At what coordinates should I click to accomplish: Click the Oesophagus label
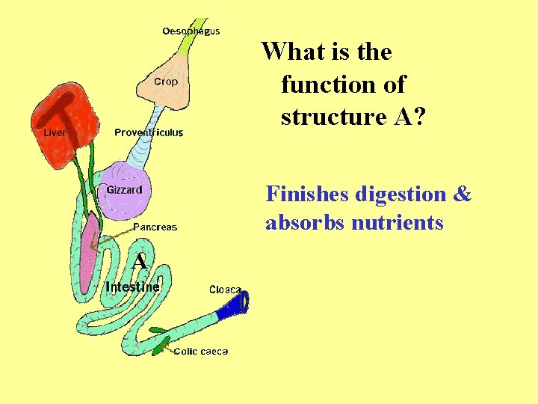(x=191, y=31)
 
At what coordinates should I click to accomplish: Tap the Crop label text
(x=166, y=82)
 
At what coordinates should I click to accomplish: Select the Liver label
(x=55, y=132)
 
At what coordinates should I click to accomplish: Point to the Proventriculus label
(x=149, y=132)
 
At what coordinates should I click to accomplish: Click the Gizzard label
(x=124, y=189)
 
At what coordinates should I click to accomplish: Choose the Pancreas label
(x=155, y=227)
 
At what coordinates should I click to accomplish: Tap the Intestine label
(x=132, y=287)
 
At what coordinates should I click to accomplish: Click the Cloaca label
(x=225, y=290)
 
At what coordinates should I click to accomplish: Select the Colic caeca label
(x=201, y=351)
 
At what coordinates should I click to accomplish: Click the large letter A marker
(x=138, y=262)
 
